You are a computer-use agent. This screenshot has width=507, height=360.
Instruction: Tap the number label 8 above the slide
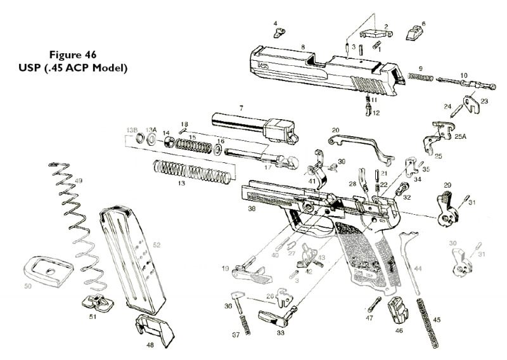click(x=304, y=47)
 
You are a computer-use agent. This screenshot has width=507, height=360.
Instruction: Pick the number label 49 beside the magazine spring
click(x=79, y=181)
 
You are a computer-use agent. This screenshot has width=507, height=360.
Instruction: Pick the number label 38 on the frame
click(x=252, y=208)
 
